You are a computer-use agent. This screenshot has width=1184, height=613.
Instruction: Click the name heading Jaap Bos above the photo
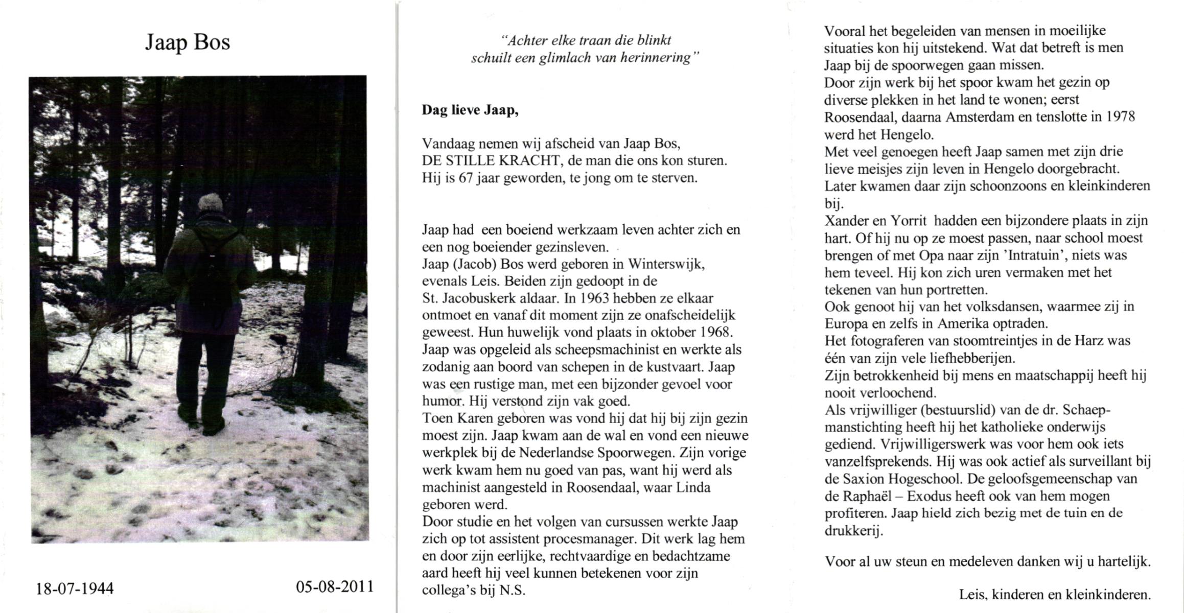[188, 42]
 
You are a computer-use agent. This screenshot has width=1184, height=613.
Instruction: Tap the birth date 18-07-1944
[75, 588]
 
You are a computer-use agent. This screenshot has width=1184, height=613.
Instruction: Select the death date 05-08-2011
[335, 586]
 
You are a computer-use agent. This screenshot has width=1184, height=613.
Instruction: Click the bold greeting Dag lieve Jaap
[470, 110]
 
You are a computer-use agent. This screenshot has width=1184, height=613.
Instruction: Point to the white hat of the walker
[210, 202]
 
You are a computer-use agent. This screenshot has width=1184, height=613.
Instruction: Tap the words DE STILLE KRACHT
[491, 161]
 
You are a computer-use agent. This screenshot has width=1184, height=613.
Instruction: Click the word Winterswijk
[666, 265]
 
